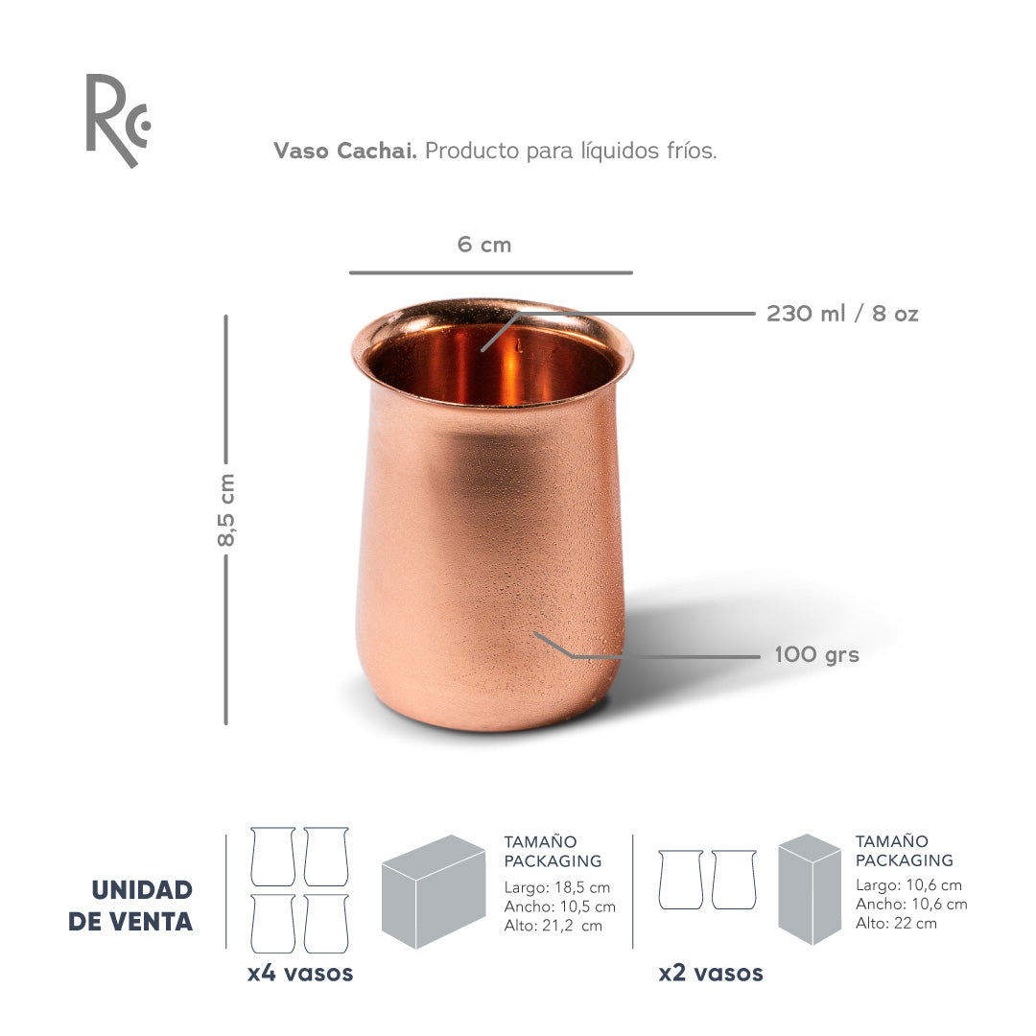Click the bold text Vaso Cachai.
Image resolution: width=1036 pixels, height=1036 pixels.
(x=344, y=152)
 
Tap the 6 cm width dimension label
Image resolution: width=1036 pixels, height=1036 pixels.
(x=484, y=245)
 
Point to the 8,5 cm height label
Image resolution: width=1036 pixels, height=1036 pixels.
(x=226, y=509)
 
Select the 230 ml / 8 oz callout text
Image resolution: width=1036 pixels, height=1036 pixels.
(x=842, y=314)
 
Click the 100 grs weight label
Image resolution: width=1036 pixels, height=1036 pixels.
(x=816, y=655)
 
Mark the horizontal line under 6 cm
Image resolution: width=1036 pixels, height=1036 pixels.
(x=490, y=273)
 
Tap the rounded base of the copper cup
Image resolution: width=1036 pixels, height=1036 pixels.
(x=489, y=705)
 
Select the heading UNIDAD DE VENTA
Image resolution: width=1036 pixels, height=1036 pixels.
(x=130, y=906)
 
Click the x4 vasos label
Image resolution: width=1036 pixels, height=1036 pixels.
(x=300, y=973)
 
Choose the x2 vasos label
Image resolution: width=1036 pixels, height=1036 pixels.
(x=711, y=973)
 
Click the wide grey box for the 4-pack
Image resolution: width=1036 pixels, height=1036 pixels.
(x=434, y=891)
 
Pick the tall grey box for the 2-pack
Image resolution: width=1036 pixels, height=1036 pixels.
(x=810, y=889)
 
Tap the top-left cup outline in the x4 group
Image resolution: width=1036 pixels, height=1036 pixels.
(x=272, y=857)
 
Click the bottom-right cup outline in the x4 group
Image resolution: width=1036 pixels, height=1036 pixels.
(x=326, y=924)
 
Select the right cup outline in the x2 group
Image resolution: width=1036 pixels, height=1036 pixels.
(x=734, y=880)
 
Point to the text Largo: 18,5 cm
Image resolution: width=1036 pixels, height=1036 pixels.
(x=557, y=887)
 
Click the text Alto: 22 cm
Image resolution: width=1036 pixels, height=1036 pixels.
(x=896, y=924)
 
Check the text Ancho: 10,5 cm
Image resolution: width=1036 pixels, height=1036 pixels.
(x=560, y=906)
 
